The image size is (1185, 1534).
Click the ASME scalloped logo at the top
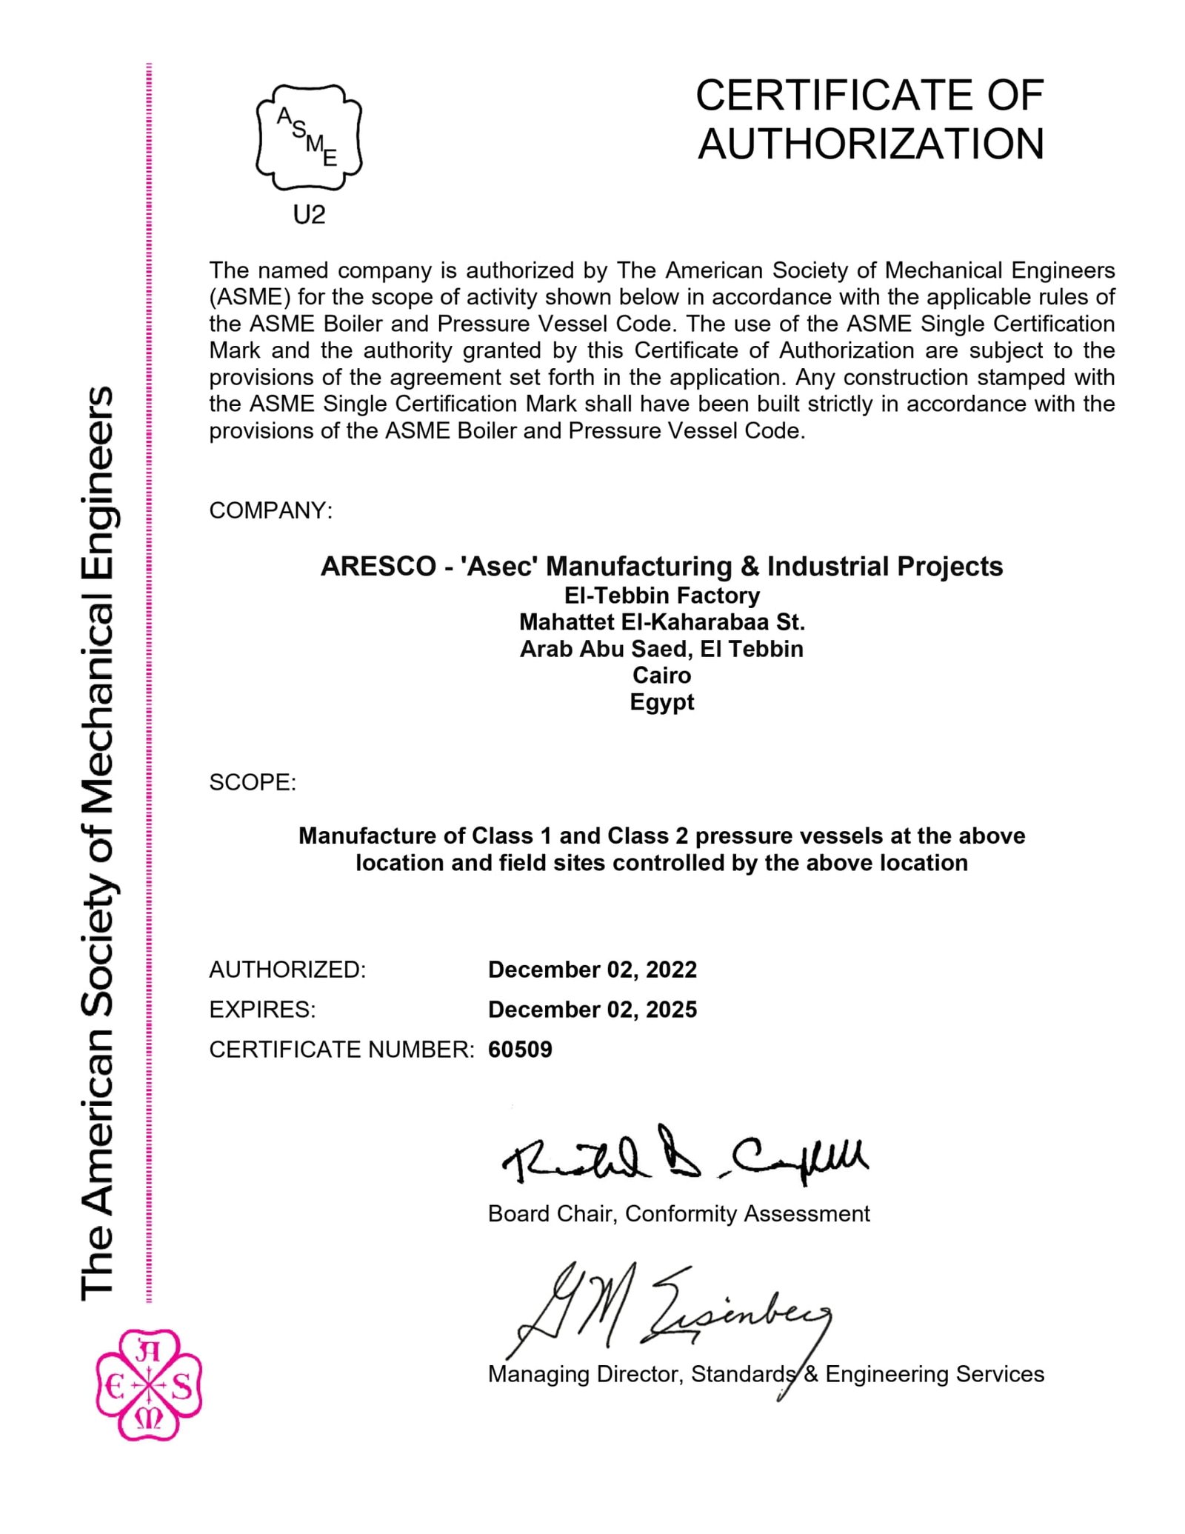click(308, 137)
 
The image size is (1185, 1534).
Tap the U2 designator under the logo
click(309, 215)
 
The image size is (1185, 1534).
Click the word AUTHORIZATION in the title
click(870, 144)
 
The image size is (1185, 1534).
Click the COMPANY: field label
click(271, 510)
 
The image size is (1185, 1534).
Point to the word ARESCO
click(378, 567)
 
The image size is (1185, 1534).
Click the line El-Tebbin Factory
click(661, 596)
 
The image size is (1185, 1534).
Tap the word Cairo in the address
click(661, 676)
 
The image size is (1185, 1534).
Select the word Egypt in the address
click(661, 702)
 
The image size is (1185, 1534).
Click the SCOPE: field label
click(253, 782)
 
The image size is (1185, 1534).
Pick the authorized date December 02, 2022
click(592, 970)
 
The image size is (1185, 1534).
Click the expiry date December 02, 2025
click(592, 1010)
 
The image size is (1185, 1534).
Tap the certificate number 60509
click(520, 1050)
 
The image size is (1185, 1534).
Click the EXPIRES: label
click(262, 1010)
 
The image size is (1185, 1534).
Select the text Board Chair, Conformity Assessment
click(678, 1214)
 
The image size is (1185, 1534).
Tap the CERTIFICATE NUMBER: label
click(341, 1050)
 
